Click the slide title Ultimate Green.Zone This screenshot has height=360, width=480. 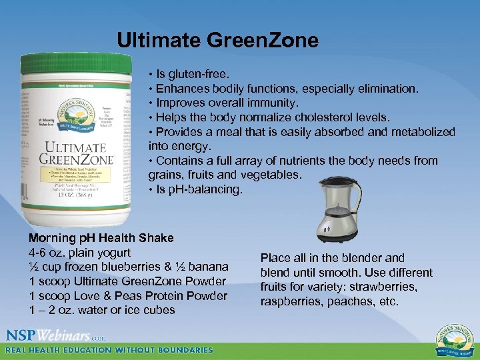point(217,41)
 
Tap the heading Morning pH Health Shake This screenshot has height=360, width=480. point(101,238)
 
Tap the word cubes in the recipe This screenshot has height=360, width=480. point(159,310)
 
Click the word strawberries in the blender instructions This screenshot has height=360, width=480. point(385,287)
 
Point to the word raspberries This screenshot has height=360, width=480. point(292,302)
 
